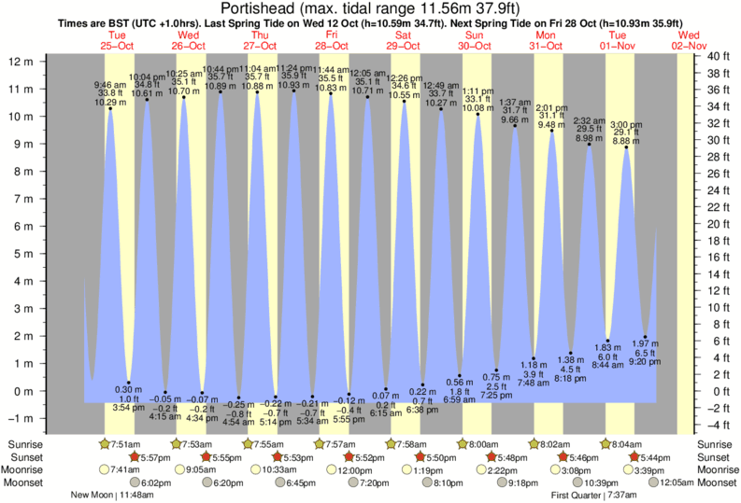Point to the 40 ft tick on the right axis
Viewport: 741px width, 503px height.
click(x=717, y=57)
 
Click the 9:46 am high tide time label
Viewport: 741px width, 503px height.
click(x=111, y=84)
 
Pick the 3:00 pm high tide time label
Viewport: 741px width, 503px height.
click(x=626, y=124)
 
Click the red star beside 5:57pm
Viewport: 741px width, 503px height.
click(x=134, y=457)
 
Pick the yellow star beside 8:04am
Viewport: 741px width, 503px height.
click(x=607, y=444)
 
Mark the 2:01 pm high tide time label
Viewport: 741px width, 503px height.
click(x=552, y=107)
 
